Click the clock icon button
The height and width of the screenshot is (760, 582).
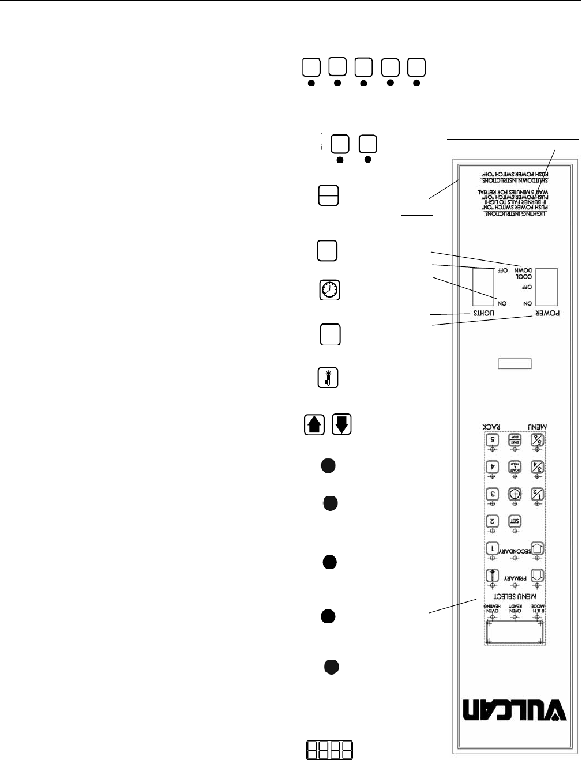[x=330, y=290]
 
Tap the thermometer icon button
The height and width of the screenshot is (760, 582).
[x=328, y=378]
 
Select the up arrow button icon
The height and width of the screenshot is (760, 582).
[x=314, y=424]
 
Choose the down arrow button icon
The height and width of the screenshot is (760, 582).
[x=341, y=424]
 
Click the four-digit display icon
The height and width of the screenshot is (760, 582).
[x=330, y=749]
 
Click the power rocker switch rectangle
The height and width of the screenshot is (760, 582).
[x=546, y=287]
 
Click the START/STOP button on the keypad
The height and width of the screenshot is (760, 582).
[x=515, y=439]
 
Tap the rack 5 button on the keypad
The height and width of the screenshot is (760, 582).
[x=492, y=439]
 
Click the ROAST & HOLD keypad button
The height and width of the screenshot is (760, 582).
[x=515, y=466]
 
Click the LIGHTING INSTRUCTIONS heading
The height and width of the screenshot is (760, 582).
[x=516, y=215]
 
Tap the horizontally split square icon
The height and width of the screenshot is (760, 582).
[x=328, y=196]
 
